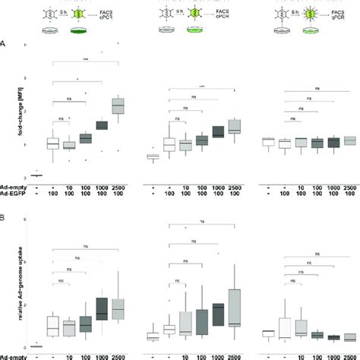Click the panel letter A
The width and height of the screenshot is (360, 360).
click(5, 43)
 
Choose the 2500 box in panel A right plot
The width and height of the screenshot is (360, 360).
click(349, 141)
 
